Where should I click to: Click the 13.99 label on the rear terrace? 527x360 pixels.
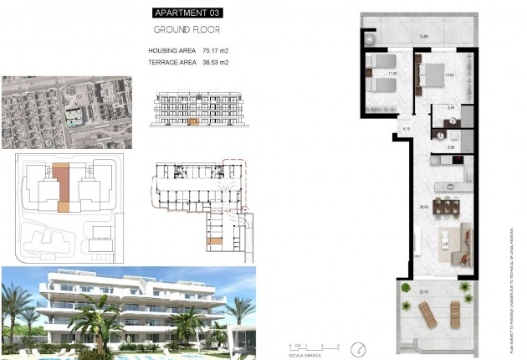click(423, 36)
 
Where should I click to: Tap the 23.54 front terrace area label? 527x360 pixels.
click(423, 291)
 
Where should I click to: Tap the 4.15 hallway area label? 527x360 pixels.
click(406, 130)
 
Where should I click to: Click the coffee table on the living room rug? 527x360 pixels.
click(443, 244)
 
